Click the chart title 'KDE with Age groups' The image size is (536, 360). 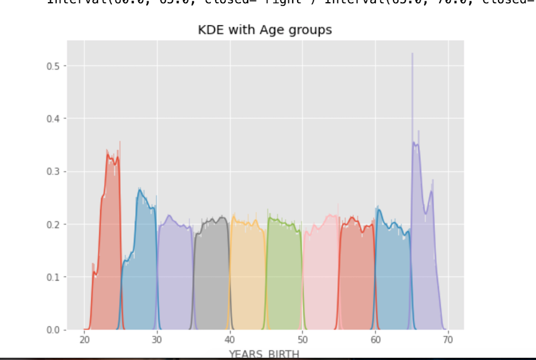coord(265,30)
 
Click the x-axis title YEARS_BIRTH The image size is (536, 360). coord(264,354)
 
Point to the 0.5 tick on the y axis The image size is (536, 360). coord(53,66)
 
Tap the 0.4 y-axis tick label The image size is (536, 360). coord(53,119)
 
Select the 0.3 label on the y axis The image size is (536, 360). coord(53,172)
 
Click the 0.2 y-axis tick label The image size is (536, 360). coord(53,225)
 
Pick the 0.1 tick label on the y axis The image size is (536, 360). coord(53,277)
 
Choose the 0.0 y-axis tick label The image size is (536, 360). coord(53,330)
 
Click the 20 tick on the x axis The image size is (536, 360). coord(84,340)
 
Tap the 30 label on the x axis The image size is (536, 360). coord(157,340)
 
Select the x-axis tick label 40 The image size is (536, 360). coord(229,340)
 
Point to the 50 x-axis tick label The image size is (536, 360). coord(303,340)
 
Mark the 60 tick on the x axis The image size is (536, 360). coord(375,340)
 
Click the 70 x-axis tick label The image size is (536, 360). coord(448,340)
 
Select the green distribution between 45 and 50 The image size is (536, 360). coord(285,275)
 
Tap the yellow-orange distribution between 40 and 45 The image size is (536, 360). coord(248,275)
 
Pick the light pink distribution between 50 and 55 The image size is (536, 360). coord(321,275)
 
